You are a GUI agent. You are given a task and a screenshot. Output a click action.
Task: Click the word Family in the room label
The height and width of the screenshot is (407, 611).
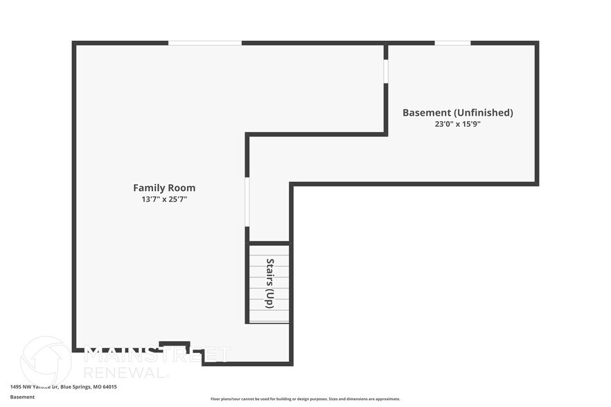(148, 188)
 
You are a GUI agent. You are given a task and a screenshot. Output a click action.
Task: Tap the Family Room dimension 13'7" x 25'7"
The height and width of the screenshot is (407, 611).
(164, 199)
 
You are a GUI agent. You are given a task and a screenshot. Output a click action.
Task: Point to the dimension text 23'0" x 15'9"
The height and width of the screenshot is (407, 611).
(458, 125)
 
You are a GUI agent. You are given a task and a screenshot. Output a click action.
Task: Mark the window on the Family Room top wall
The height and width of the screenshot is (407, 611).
(205, 43)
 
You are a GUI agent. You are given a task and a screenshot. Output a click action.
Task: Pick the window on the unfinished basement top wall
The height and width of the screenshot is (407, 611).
(452, 43)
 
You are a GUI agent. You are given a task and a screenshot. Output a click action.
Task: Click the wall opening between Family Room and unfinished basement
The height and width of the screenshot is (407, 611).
(386, 72)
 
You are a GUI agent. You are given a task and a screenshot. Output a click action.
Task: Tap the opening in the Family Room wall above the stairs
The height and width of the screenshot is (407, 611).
(247, 201)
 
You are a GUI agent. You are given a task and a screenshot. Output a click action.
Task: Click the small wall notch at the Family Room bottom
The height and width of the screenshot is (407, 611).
(175, 343)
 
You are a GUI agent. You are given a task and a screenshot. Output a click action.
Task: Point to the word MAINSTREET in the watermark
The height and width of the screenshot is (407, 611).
(157, 355)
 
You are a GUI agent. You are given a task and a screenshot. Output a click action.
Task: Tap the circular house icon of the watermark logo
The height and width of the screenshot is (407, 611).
(46, 360)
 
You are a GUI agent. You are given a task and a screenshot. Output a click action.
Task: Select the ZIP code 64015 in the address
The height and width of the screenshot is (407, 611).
(109, 387)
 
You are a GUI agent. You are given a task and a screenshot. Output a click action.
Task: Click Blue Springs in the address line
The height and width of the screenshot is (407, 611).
(75, 387)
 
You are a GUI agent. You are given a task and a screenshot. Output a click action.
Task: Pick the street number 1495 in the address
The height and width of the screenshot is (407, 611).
(16, 387)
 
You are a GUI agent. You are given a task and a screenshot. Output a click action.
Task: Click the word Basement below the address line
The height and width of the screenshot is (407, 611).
(22, 397)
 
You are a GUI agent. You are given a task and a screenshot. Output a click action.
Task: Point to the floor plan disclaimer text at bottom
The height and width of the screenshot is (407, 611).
(305, 399)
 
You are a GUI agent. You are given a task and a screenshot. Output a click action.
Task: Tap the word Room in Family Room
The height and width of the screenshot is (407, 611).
(181, 188)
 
